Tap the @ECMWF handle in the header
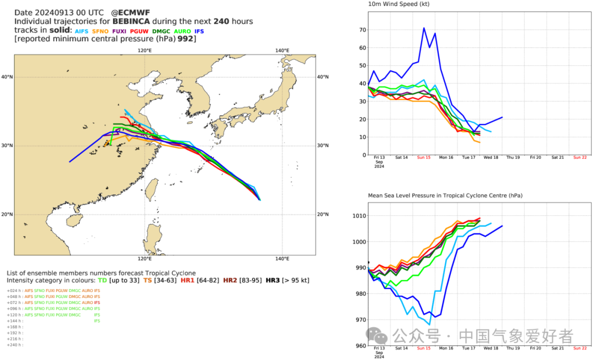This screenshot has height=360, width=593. click(130, 12)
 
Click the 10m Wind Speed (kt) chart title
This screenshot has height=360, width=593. click(399, 4)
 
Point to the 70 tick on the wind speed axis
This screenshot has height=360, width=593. click(362, 30)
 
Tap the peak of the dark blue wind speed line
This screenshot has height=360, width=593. click(423, 28)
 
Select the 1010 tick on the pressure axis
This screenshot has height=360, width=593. click(359, 216)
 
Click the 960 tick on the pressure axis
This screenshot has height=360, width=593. click(360, 346)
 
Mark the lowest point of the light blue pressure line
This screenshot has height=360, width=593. click(429, 324)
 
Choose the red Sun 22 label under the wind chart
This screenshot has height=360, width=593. click(580, 157)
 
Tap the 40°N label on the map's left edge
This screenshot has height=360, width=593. click(7, 77)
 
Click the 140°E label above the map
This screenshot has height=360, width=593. click(282, 50)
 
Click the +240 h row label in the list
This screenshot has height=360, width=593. click(15, 345)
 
